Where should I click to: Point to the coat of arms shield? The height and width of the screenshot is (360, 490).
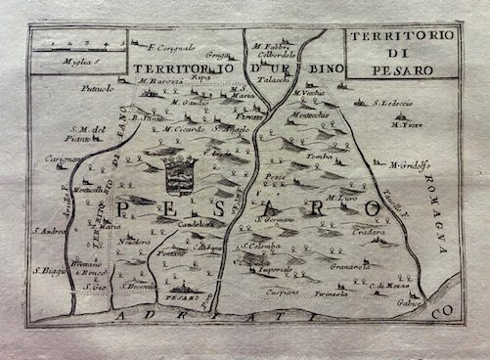click(181, 179)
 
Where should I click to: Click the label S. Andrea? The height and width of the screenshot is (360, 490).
click(49, 231)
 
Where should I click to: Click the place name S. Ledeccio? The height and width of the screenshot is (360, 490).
click(392, 101)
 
